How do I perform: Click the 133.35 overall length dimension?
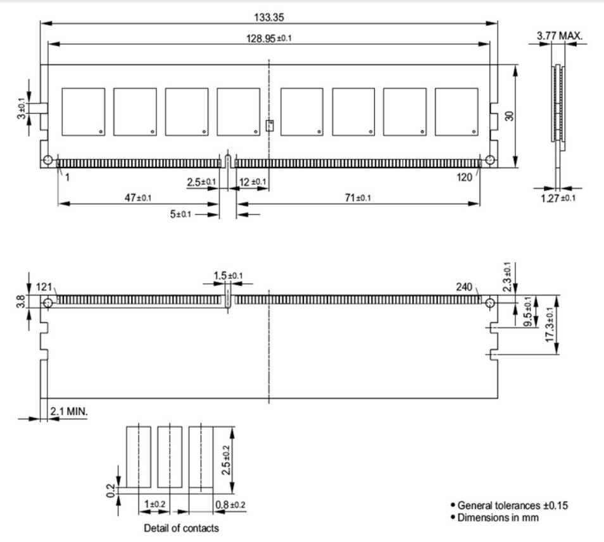pyautogui.click(x=268, y=16)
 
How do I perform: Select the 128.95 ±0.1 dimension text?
pyautogui.click(x=268, y=38)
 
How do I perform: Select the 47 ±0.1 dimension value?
pyautogui.click(x=137, y=198)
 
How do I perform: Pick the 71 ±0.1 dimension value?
pyautogui.click(x=358, y=198)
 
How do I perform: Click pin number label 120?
pyautogui.click(x=465, y=178)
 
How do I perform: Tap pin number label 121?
pyautogui.click(x=44, y=286)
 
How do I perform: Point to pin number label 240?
pyautogui.click(x=465, y=286)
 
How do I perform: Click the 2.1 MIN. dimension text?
pyautogui.click(x=70, y=412)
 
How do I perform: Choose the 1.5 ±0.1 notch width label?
pyautogui.click(x=227, y=276)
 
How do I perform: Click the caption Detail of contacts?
pyautogui.click(x=180, y=528)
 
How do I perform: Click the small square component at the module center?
pyautogui.click(x=269, y=124)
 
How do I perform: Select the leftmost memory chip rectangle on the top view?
pyautogui.click(x=83, y=111)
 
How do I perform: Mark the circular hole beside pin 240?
pyautogui.click(x=491, y=304)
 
